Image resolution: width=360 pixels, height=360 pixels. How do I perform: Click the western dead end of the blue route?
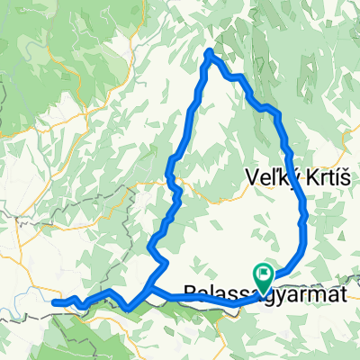[54, 302]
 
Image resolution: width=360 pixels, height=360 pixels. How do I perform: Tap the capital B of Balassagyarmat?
[189, 291]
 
